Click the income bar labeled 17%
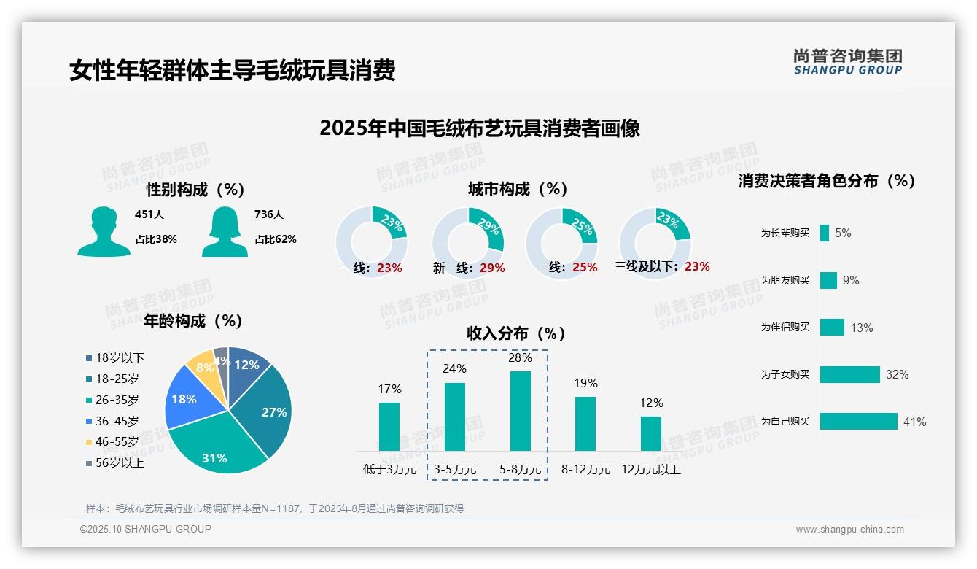(389, 426)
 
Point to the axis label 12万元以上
(650, 470)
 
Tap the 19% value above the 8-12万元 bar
(585, 383)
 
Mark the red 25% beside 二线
(585, 268)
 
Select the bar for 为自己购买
(858, 421)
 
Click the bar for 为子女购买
(849, 374)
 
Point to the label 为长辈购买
(785, 233)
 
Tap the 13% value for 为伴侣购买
(861, 328)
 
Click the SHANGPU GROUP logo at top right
(847, 62)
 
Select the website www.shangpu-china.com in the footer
(849, 530)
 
